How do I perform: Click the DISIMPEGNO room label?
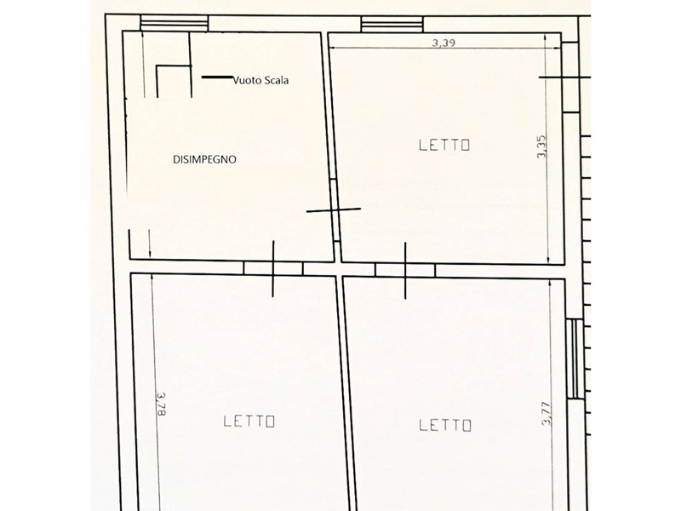coord(204,159)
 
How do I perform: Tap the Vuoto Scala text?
coord(261,80)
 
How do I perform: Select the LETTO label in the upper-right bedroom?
coord(444,145)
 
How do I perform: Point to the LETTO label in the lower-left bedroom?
coord(249,421)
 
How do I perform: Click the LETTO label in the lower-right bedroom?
coord(445,425)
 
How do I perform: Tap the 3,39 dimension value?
coord(444,43)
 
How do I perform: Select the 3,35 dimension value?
coord(541,146)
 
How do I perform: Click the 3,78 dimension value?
coord(161,404)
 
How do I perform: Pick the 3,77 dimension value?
coord(547,414)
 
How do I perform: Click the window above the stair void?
coord(175,23)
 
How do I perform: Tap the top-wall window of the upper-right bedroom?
coord(392,24)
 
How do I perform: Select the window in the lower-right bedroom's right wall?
coord(575,359)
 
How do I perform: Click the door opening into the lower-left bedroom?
coord(273,268)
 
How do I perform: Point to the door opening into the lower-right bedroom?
coord(405,270)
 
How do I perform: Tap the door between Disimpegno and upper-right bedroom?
coord(335,210)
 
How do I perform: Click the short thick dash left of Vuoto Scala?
coord(217,78)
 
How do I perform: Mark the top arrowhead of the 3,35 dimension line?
coord(546,37)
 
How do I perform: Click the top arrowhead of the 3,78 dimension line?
coord(152,278)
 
